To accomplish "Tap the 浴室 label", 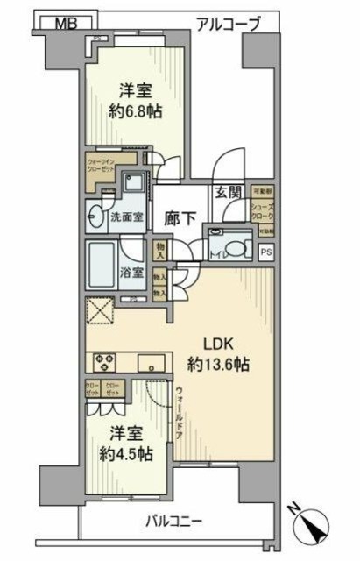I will click(132, 272).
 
